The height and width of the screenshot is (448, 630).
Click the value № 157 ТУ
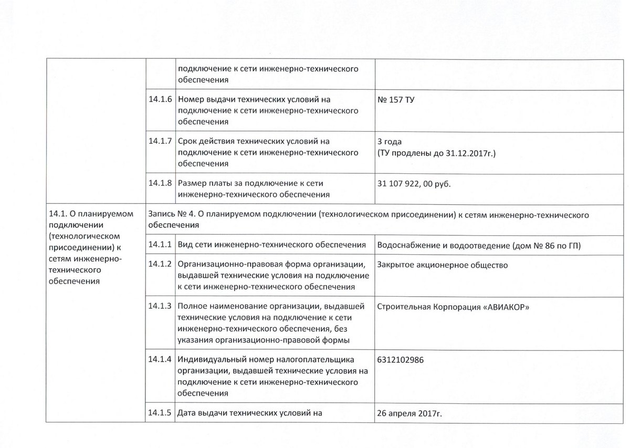pyautogui.click(x=395, y=99)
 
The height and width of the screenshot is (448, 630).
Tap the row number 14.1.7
pyautogui.click(x=160, y=142)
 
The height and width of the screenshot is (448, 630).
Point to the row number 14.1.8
pyautogui.click(x=160, y=184)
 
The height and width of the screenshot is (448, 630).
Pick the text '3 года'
pyautogui.click(x=390, y=142)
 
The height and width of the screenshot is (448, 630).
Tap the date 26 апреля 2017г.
pyautogui.click(x=409, y=413)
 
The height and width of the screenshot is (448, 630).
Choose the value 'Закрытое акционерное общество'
pyautogui.click(x=443, y=265)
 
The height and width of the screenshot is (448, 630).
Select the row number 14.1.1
pyautogui.click(x=160, y=244)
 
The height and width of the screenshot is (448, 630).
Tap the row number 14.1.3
pyautogui.click(x=160, y=307)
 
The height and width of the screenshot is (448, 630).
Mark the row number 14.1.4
pyautogui.click(x=160, y=360)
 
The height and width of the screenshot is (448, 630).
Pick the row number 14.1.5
pyautogui.click(x=160, y=413)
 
